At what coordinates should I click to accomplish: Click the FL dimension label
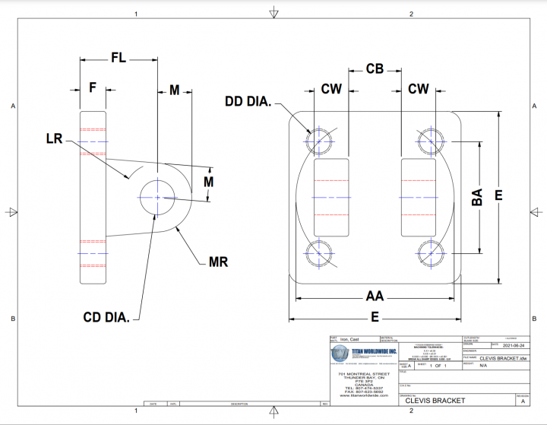tap(119, 58)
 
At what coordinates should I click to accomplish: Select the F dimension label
tap(93, 88)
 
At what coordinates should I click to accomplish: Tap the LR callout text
tap(54, 139)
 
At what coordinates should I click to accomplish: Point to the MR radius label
tap(219, 263)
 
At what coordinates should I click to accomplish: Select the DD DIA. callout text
tap(248, 101)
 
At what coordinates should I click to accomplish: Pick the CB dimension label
tap(375, 69)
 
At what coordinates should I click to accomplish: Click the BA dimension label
tap(477, 197)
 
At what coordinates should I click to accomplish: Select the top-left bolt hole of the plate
tap(320, 140)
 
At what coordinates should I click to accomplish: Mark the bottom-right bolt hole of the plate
tap(430, 252)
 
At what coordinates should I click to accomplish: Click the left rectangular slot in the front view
tap(331, 196)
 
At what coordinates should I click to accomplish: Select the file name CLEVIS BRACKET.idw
tap(503, 357)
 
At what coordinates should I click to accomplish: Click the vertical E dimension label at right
tap(499, 195)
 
